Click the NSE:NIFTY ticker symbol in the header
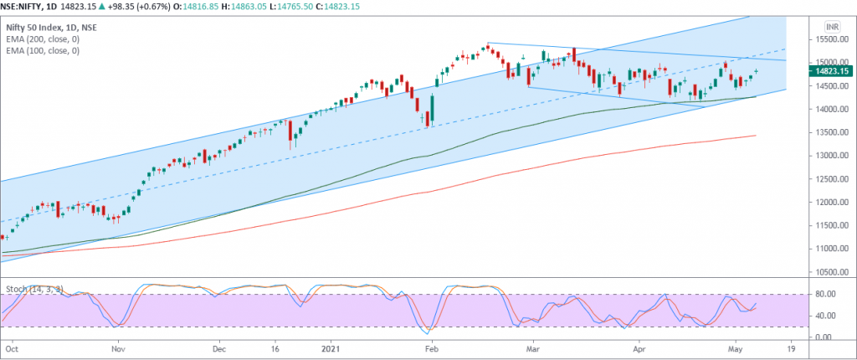click(26, 8)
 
